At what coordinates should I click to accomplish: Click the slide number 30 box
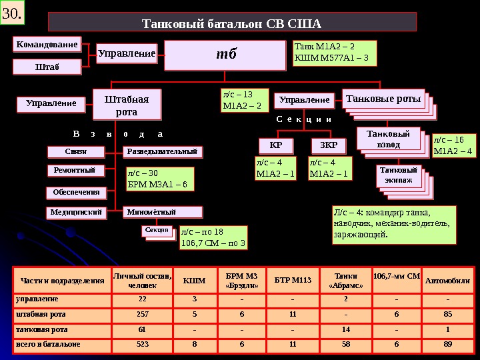click(13, 13)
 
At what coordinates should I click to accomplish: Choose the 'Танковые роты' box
click(383, 99)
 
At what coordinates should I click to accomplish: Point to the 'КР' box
click(276, 145)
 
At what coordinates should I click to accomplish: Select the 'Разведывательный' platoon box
click(164, 151)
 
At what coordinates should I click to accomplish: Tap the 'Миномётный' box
click(164, 212)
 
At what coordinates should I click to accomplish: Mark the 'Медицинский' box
click(77, 212)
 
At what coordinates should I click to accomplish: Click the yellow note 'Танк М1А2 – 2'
click(335, 53)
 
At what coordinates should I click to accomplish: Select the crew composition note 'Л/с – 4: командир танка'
click(393, 224)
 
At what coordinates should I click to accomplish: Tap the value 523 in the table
click(142, 344)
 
